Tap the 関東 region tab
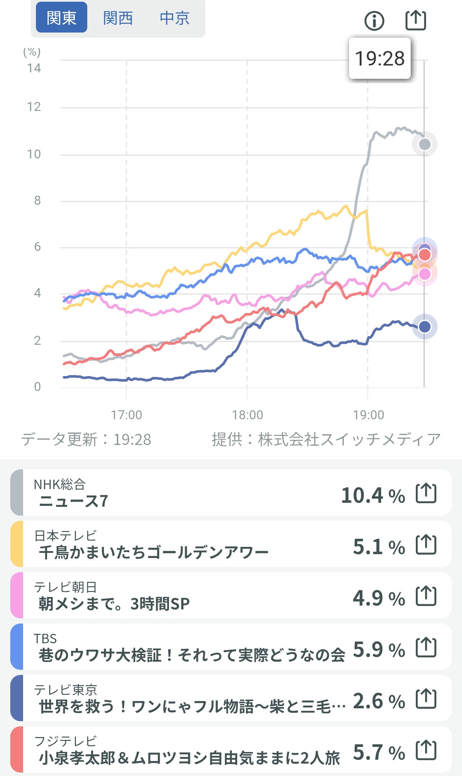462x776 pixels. tap(62, 18)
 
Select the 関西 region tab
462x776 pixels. tap(118, 18)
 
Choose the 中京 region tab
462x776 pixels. tap(175, 18)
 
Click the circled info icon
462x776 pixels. tap(374, 21)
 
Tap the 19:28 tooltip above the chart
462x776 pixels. tap(380, 59)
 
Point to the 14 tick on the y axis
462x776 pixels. tap(34, 68)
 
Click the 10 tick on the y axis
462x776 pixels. tap(34, 154)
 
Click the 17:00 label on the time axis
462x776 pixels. tap(126, 415)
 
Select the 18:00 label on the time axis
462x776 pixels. tap(247, 415)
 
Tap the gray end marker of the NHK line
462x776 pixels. tap(424, 144)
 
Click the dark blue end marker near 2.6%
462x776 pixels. tap(424, 327)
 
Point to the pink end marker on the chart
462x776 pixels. tap(424, 274)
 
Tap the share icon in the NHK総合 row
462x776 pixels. tap(426, 493)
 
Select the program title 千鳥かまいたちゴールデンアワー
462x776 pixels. tap(154, 552)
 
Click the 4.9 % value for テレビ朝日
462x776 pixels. tap(379, 598)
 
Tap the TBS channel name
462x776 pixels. tap(45, 639)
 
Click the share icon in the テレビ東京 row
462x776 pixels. tap(426, 698)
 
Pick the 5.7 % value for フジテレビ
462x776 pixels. tap(379, 752)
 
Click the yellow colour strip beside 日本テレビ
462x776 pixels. tap(17, 544)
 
